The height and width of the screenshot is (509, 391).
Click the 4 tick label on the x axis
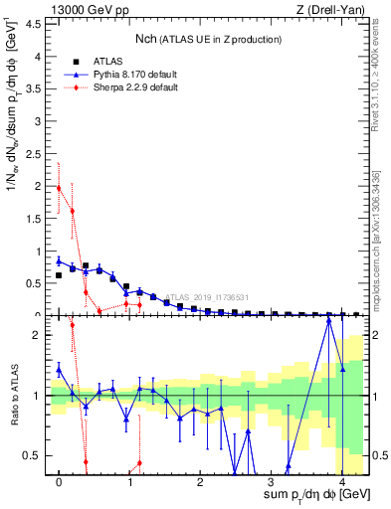[342, 483]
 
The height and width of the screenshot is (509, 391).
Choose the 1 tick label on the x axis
[129, 483]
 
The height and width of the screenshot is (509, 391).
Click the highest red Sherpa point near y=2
[59, 187]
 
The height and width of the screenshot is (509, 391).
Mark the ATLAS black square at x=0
[59, 275]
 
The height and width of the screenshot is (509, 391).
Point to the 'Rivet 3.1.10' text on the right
[381, 99]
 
